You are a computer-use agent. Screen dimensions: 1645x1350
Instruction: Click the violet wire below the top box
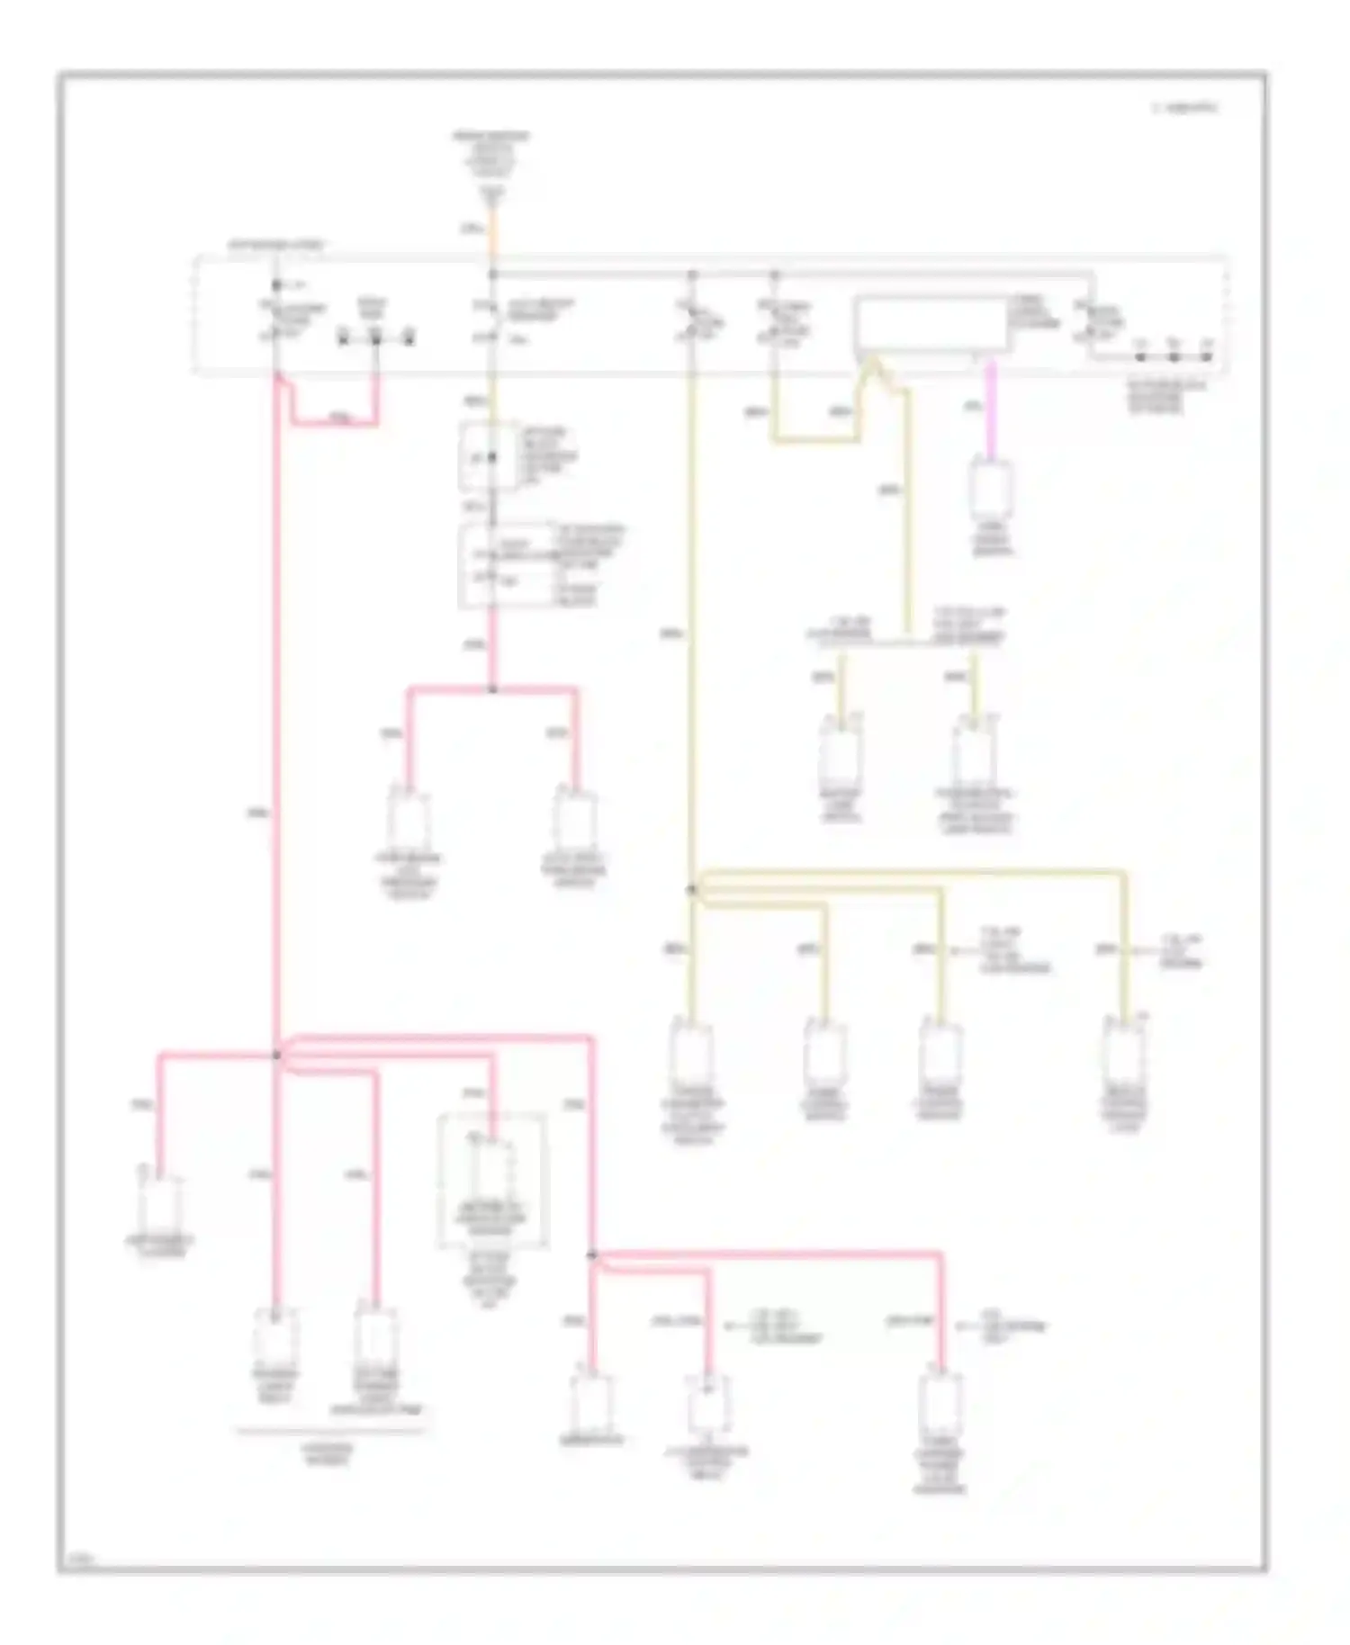(x=991, y=409)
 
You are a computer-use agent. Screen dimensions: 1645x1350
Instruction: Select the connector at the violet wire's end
(x=991, y=490)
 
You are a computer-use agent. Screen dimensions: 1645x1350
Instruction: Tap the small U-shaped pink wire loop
(x=333, y=419)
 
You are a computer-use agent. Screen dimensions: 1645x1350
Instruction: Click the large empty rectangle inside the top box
(x=931, y=324)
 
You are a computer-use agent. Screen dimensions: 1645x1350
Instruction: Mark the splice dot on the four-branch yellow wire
(x=691, y=889)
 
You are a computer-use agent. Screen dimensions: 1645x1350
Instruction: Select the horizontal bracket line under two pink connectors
(x=328, y=1429)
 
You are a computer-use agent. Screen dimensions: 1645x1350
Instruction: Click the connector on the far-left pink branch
(x=160, y=1206)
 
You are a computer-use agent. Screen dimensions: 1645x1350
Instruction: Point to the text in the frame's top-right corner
(x=1184, y=108)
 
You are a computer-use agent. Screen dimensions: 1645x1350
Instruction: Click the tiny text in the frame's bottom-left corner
(x=79, y=1555)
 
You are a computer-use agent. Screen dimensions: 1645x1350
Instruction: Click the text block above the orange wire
(x=490, y=153)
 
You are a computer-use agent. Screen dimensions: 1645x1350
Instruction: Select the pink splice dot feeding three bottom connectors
(x=591, y=1254)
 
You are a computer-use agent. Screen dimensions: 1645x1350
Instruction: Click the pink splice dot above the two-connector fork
(x=492, y=689)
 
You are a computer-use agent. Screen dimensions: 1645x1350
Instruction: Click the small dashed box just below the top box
(x=489, y=456)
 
